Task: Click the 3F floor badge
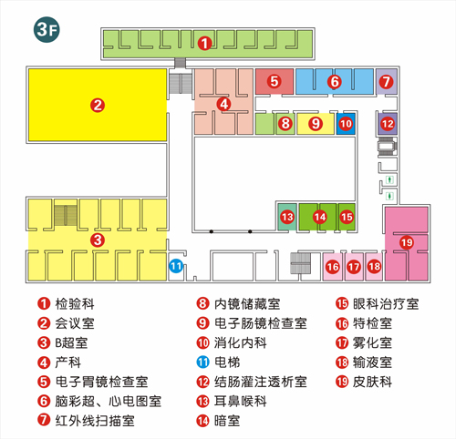click(47, 29)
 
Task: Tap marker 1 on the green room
click(204, 44)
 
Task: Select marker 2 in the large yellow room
click(98, 106)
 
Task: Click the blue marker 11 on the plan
click(176, 266)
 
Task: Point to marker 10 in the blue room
click(346, 124)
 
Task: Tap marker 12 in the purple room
click(388, 124)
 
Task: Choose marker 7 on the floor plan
click(386, 81)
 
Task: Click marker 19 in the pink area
click(407, 242)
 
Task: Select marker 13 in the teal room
click(287, 217)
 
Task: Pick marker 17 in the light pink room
click(354, 267)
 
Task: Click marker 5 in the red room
click(275, 81)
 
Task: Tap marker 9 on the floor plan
click(316, 124)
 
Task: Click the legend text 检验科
click(75, 304)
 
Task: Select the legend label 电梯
click(227, 362)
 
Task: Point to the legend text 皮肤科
click(372, 382)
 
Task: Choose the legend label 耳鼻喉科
click(241, 402)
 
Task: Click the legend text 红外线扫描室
click(95, 421)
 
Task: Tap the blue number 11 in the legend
click(202, 362)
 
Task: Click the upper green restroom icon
click(389, 179)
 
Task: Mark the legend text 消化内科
click(241, 342)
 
